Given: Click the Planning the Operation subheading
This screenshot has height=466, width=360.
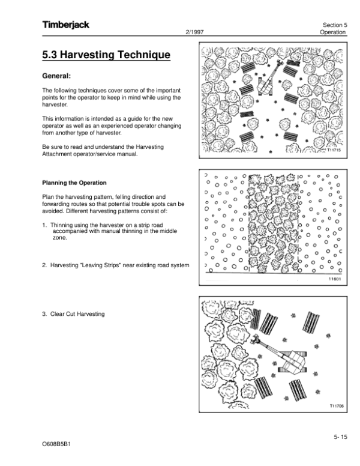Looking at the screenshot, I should click(x=74, y=183).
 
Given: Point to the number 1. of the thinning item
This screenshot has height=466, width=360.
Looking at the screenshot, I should click(x=44, y=225).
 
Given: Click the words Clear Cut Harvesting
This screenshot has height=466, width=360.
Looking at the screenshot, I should click(x=77, y=314).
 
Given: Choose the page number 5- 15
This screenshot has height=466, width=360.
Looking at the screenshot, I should click(x=340, y=437).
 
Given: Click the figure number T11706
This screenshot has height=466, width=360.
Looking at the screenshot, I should click(x=335, y=406).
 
